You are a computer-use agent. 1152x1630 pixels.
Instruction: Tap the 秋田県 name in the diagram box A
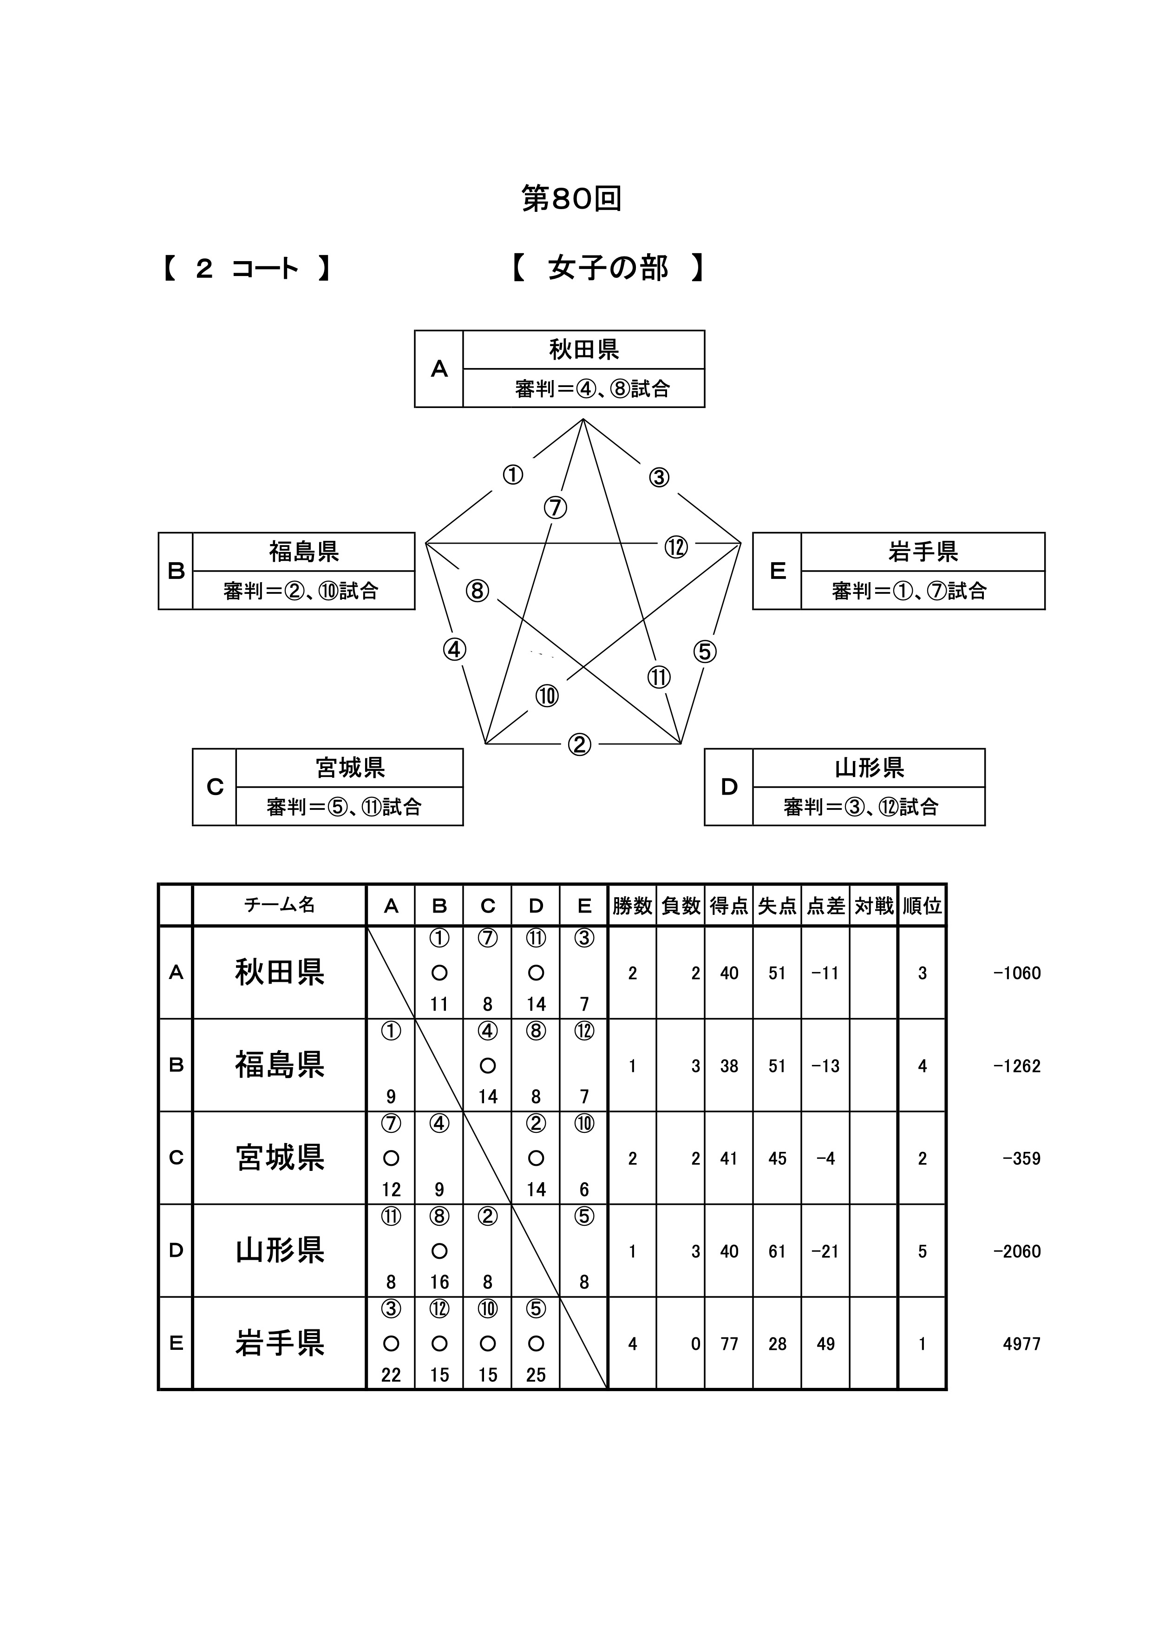coord(583,349)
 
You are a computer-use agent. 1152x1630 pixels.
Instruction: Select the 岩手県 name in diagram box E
coord(923,552)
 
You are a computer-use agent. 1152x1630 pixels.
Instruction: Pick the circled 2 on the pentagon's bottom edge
coord(579,745)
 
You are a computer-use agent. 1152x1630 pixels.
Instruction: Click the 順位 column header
coord(922,906)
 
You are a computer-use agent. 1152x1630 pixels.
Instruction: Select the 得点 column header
coord(729,906)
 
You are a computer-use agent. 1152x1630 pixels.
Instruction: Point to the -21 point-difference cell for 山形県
coord(825,1252)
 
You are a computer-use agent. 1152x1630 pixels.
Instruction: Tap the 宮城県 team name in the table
coord(280,1158)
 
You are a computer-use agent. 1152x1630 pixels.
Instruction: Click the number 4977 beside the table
coord(1021,1344)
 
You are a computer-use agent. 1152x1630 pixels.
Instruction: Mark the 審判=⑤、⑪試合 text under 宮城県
coord(344,807)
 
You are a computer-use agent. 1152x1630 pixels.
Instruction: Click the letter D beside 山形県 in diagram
coord(729,787)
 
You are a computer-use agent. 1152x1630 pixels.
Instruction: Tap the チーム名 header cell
coord(280,905)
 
